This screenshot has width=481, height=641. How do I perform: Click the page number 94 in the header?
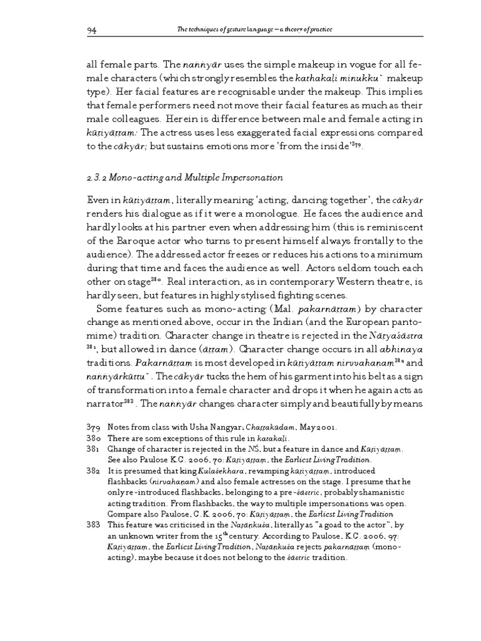[92, 32]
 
